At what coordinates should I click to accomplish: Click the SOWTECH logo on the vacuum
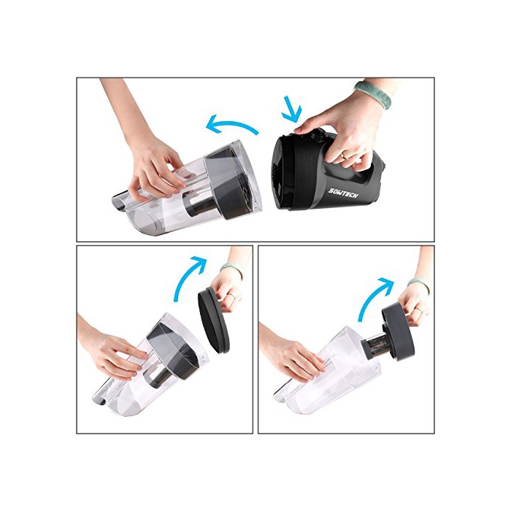[343, 192]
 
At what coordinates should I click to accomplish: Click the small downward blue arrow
[292, 109]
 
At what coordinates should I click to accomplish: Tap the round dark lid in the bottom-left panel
[213, 322]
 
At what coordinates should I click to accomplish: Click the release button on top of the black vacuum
[318, 134]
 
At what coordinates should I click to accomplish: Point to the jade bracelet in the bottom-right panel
[418, 284]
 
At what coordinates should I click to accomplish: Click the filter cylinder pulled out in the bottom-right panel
[379, 349]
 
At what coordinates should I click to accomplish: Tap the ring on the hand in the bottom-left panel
[231, 296]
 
